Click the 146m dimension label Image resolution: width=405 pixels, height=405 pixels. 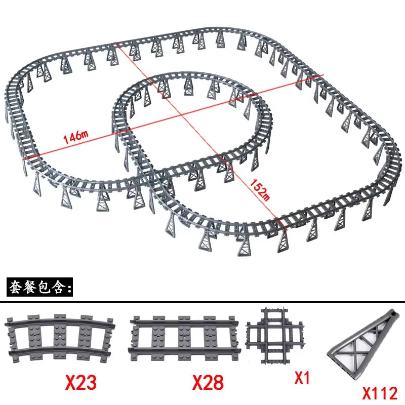[x=76, y=136]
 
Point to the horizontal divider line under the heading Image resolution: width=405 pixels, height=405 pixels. [x=202, y=302]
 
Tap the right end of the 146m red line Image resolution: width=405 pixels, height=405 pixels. [x=323, y=75]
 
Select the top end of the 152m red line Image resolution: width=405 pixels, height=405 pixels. [x=117, y=44]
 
